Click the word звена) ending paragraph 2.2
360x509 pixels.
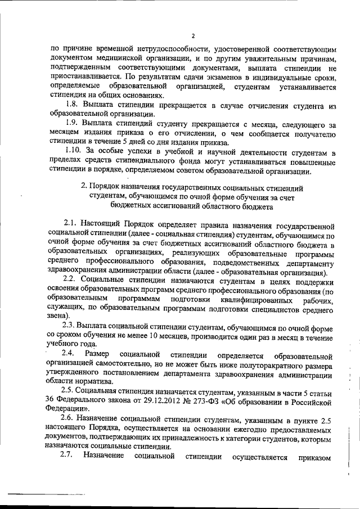[x=59, y=316]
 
